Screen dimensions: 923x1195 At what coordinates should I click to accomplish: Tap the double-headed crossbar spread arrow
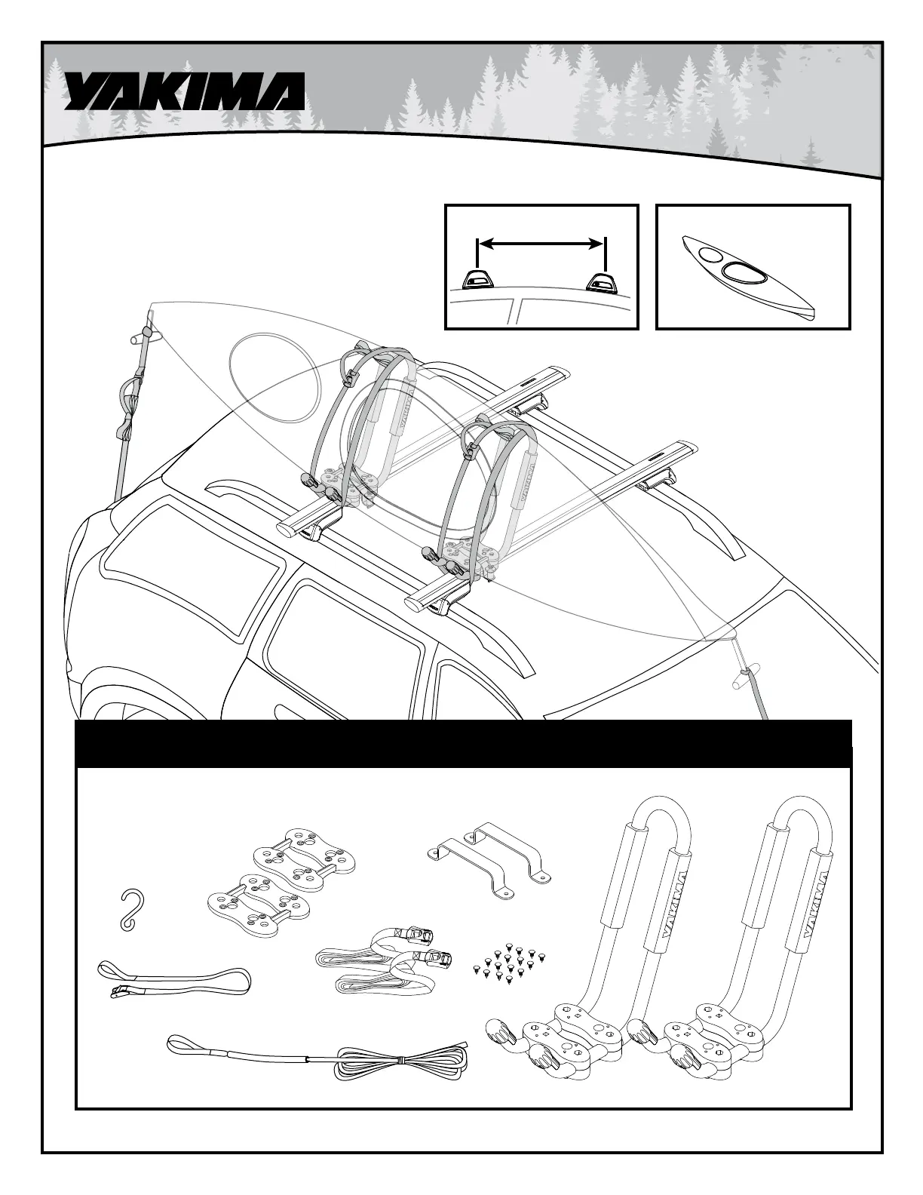541,243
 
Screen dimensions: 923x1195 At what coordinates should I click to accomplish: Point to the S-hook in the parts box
133,908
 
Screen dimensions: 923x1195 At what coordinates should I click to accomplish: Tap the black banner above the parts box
465,743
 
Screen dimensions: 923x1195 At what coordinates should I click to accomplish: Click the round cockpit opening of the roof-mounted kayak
269,377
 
